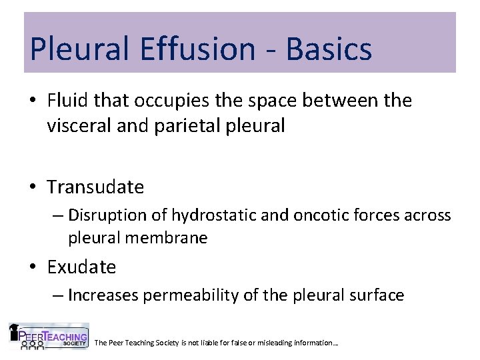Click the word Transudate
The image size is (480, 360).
(95, 187)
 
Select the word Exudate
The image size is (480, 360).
(81, 267)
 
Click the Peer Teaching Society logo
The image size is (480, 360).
(49, 337)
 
